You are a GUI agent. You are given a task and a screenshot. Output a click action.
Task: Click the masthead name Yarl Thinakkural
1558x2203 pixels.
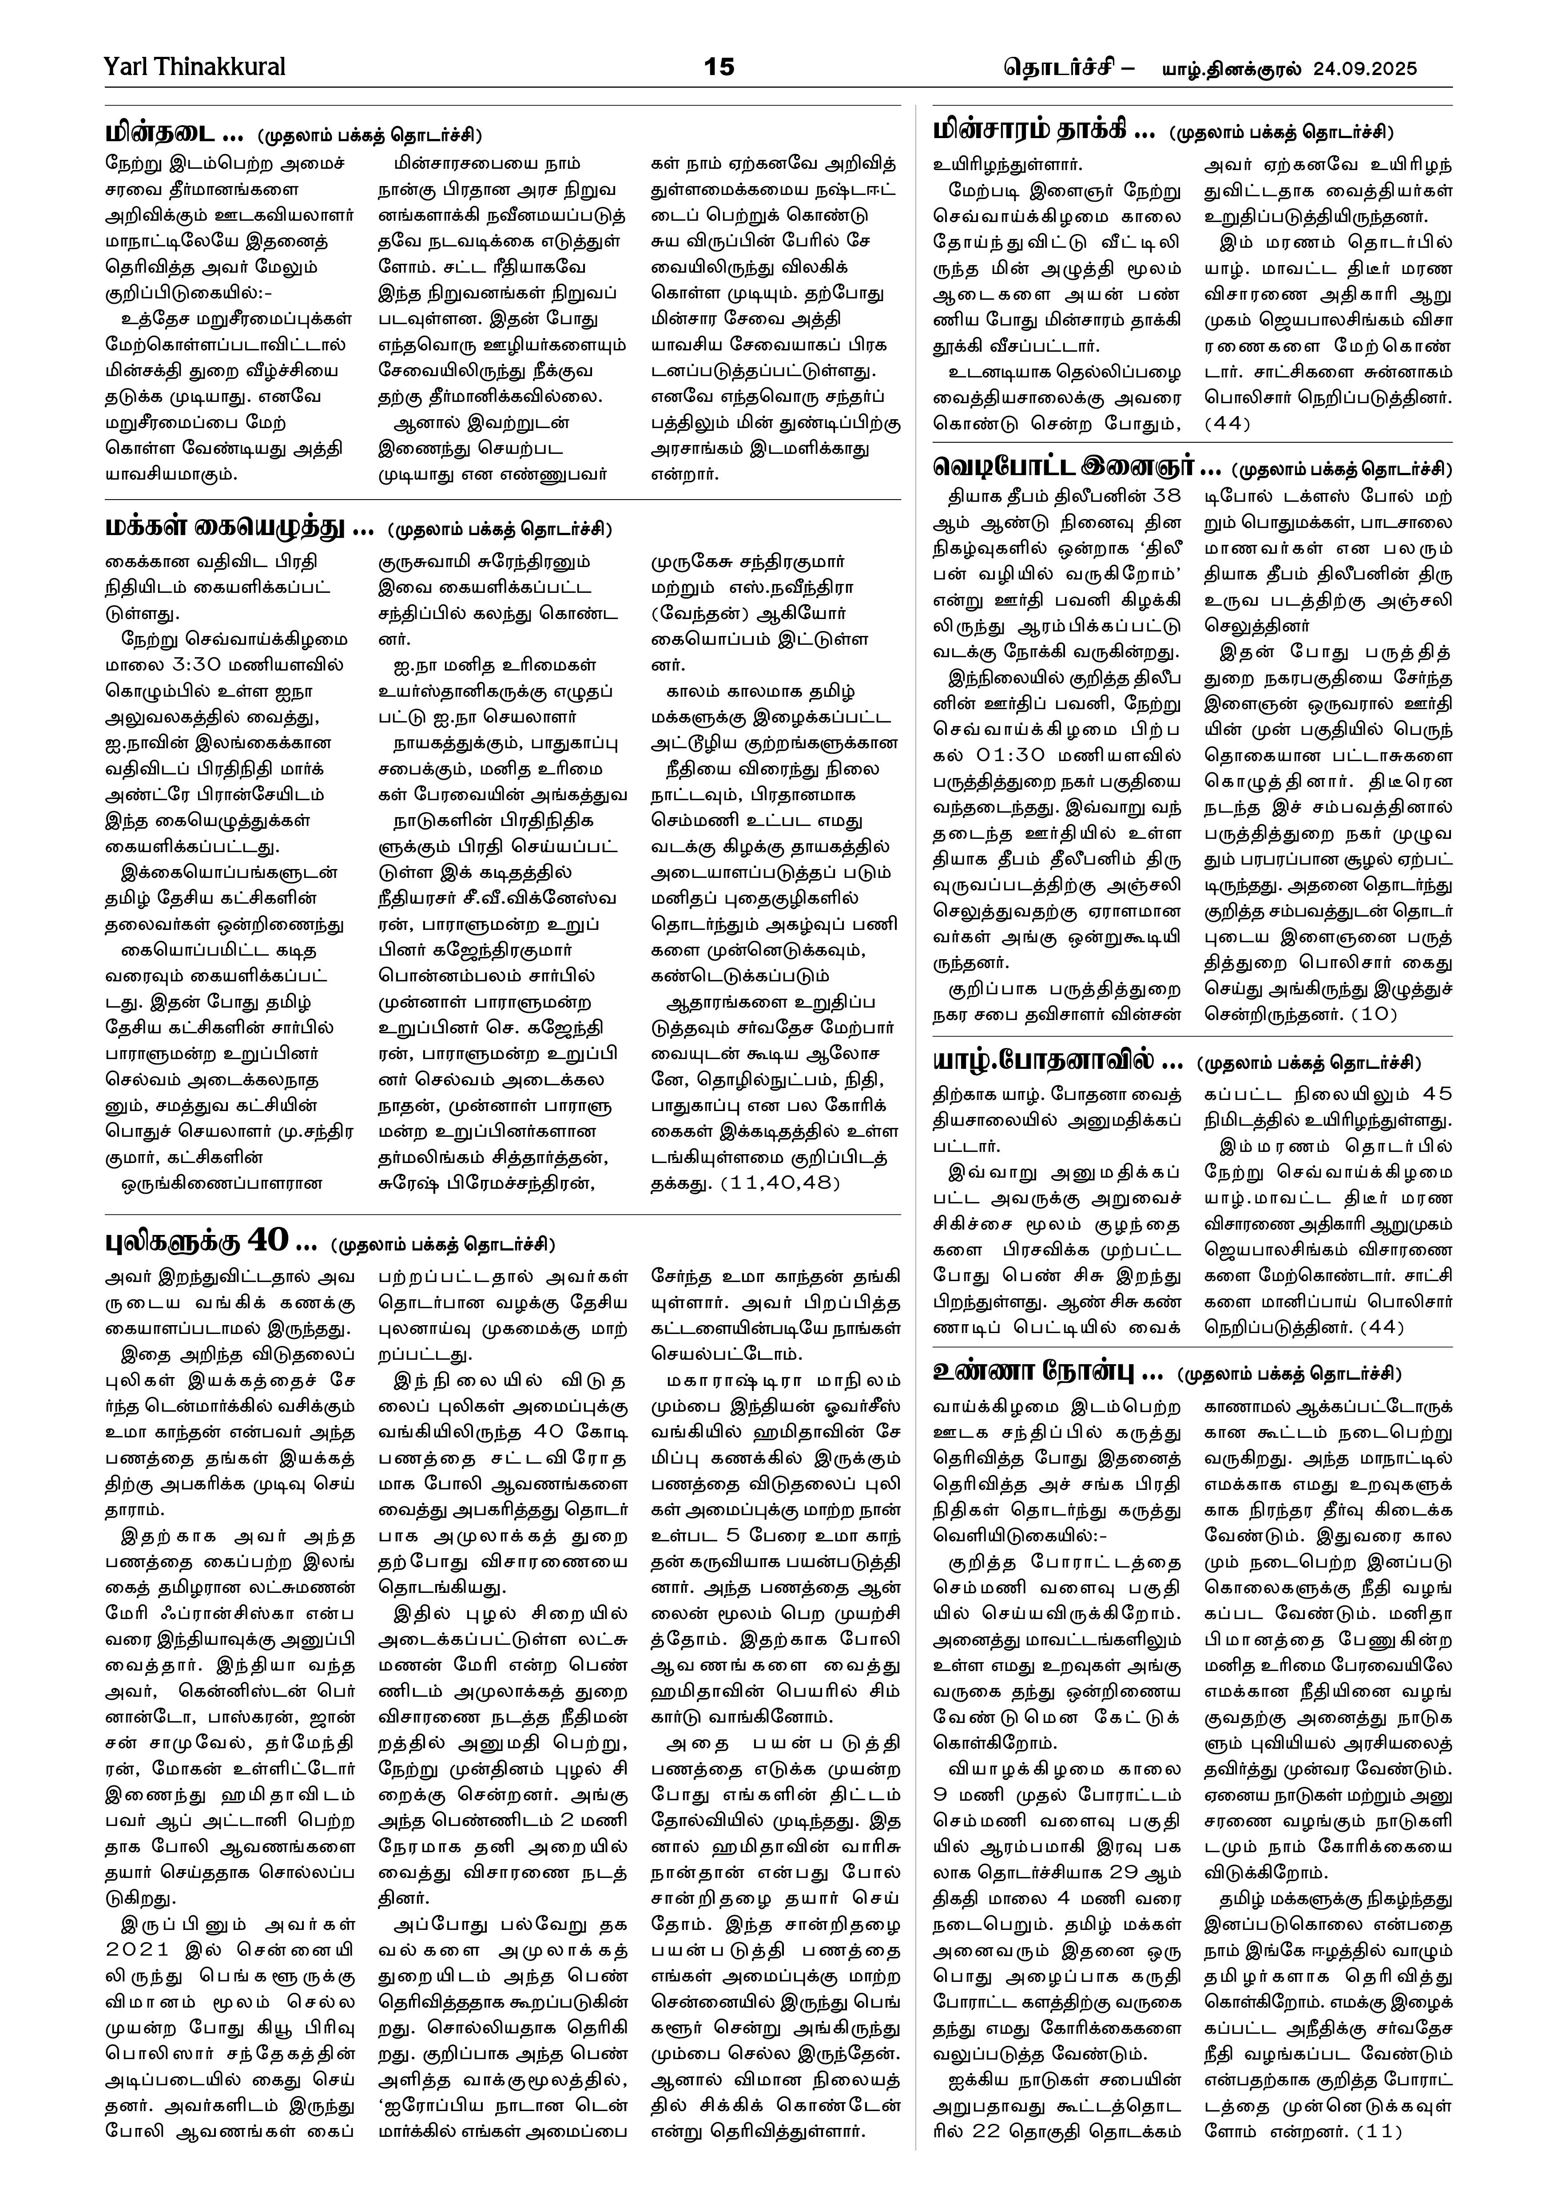pos(195,67)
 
